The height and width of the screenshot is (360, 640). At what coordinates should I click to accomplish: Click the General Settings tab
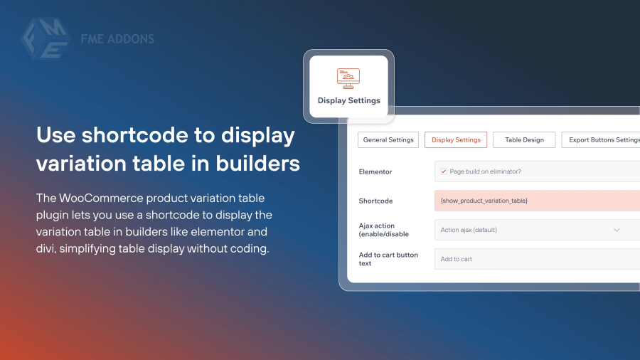tap(388, 139)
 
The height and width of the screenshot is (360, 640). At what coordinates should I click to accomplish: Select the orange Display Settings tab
tap(456, 139)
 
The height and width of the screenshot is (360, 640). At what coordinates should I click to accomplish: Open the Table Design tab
tap(524, 139)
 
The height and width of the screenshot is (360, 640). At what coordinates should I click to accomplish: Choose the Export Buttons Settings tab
tap(601, 139)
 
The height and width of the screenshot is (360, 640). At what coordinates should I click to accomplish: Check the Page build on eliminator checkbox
tap(444, 171)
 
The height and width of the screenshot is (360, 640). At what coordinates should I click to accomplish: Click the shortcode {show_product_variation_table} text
tap(484, 201)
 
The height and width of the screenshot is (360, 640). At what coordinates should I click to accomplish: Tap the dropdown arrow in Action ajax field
tap(617, 230)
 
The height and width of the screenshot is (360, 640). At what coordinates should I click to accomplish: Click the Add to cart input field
tap(537, 259)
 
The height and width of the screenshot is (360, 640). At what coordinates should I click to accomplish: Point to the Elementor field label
tap(375, 172)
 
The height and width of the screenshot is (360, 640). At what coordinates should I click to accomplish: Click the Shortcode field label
tap(375, 201)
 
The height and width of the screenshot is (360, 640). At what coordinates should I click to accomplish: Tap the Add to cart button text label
tap(388, 259)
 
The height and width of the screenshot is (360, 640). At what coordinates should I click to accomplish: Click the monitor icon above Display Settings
tap(348, 78)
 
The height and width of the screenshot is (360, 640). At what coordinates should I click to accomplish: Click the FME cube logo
tap(46, 39)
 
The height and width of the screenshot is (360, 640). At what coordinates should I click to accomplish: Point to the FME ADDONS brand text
tap(117, 39)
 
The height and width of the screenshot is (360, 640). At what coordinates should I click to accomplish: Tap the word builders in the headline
tap(258, 163)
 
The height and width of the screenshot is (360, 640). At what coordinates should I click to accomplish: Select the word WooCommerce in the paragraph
tap(101, 198)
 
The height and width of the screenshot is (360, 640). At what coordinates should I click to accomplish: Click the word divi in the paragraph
tap(45, 248)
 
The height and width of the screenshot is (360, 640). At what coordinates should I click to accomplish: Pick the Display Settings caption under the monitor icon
tap(349, 100)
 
